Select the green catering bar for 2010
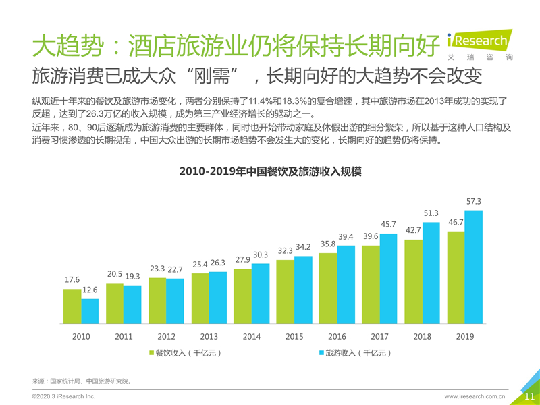pos(72,307)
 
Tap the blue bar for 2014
pos(261,294)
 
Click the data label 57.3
pos(474,201)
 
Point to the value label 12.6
pos(90,290)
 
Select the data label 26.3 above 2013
pos(218,263)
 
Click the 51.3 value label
pos(431,213)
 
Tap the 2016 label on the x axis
pos(337,336)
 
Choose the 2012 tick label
pos(166,336)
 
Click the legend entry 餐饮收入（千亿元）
pos(185,353)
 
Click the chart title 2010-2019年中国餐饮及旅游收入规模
pos(270,172)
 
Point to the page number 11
pos(529,397)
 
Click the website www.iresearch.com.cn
pos(475,397)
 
